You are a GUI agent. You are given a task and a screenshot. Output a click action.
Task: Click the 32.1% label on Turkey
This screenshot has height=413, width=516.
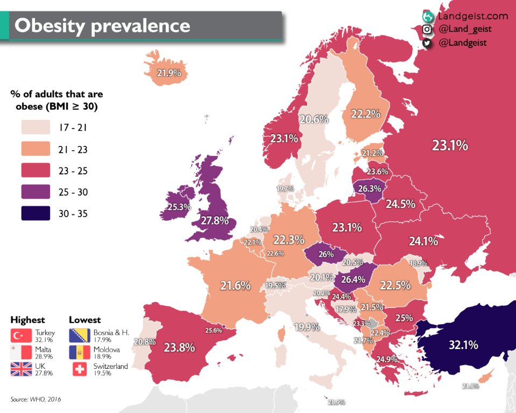(x=463, y=345)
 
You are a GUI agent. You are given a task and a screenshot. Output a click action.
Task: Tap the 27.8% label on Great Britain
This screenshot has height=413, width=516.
(x=214, y=221)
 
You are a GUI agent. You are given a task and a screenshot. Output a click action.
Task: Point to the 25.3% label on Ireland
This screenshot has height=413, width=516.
(x=175, y=207)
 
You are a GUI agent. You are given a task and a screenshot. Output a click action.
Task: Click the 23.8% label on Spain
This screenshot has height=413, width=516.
(x=179, y=348)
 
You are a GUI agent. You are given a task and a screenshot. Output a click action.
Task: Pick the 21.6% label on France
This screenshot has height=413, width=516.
(x=235, y=286)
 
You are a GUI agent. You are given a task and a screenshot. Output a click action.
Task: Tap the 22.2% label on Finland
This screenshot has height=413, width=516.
(x=366, y=114)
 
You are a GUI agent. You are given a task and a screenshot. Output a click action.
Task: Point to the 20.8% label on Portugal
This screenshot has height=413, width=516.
(x=145, y=341)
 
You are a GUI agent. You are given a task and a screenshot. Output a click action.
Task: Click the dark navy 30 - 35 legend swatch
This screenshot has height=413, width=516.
(x=36, y=213)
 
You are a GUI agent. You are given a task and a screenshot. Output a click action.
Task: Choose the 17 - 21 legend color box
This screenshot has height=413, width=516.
(x=36, y=128)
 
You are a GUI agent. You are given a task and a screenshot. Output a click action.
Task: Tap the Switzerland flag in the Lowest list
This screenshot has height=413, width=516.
(x=80, y=369)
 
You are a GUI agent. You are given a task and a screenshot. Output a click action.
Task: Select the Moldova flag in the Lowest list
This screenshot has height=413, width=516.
(x=80, y=353)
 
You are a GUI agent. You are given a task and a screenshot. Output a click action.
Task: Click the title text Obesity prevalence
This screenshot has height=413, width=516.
(x=102, y=26)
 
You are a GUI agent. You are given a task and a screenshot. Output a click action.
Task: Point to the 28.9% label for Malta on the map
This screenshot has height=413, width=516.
(x=336, y=402)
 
